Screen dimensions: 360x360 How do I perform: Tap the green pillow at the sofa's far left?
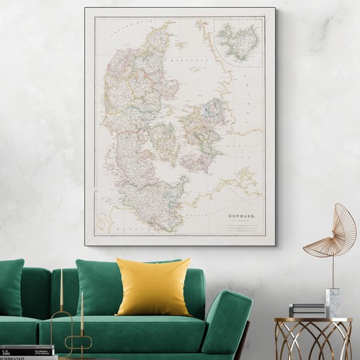10,287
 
